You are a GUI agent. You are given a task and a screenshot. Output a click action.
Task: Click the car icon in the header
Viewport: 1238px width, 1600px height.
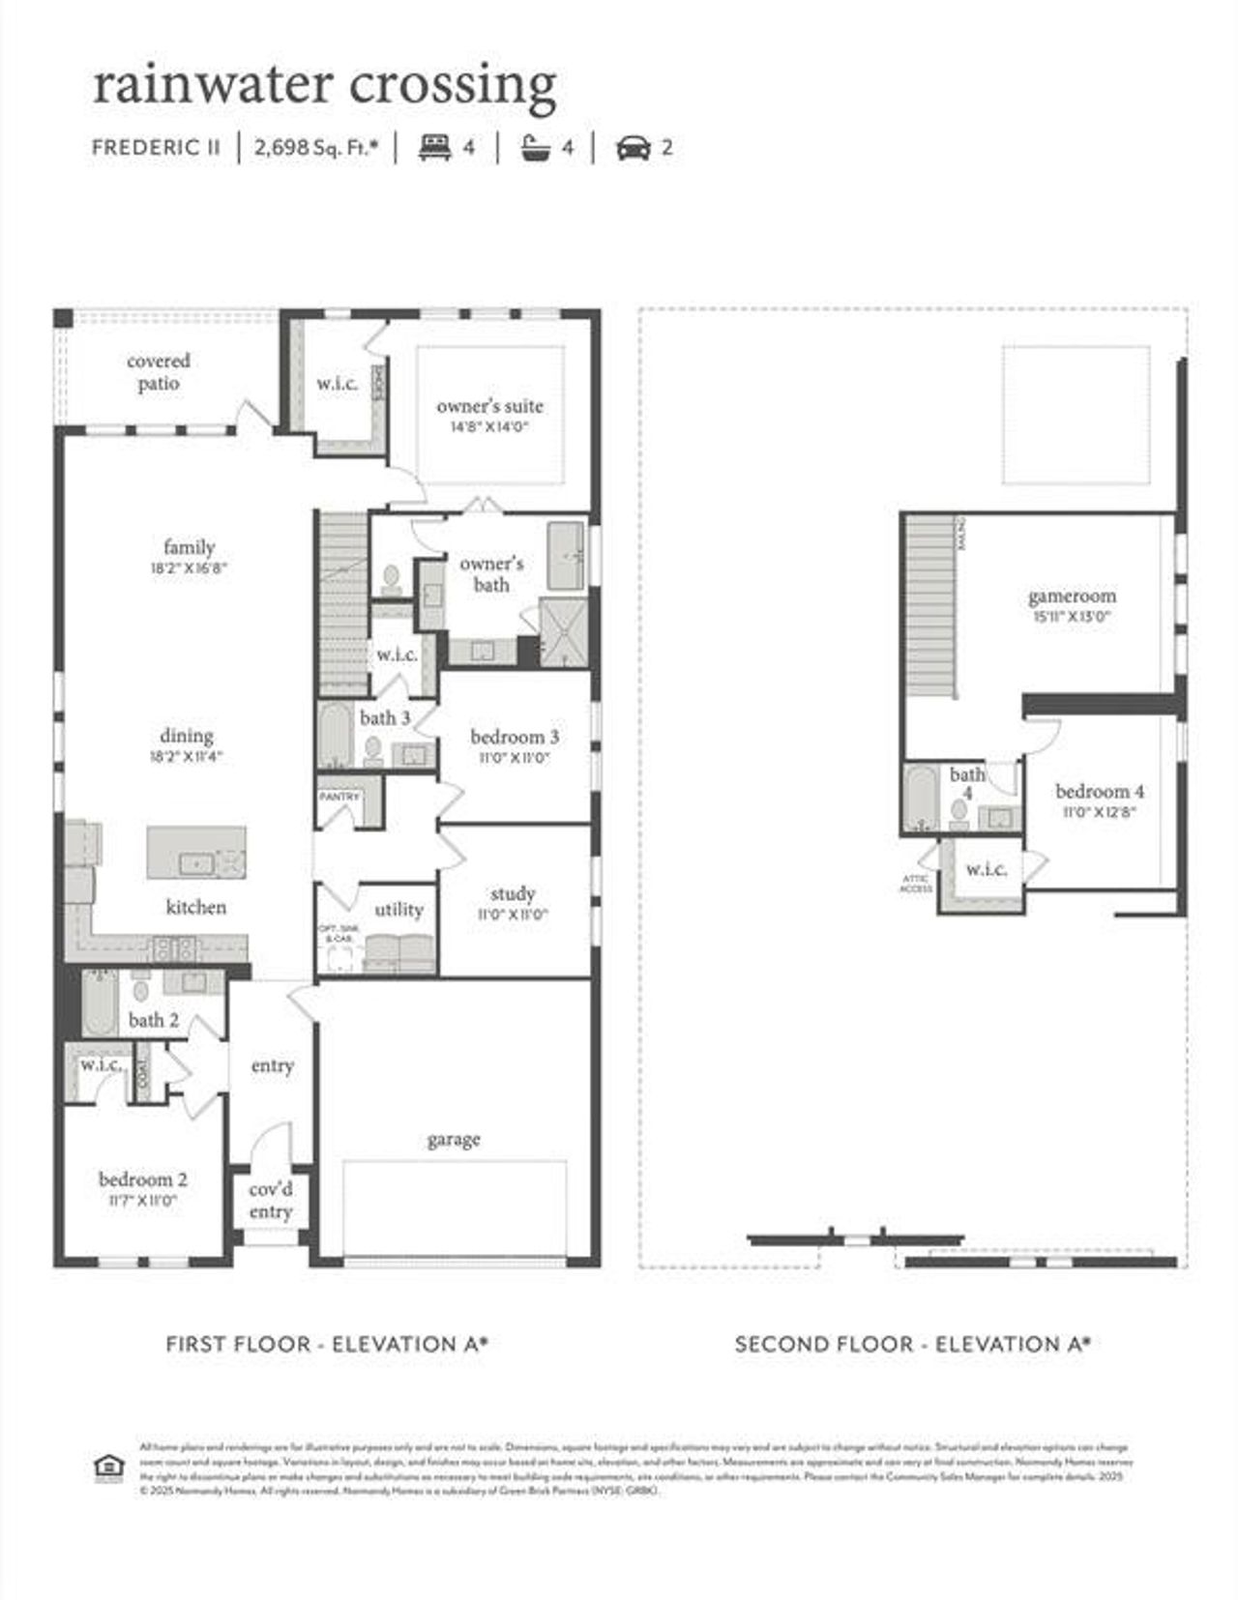point(633,148)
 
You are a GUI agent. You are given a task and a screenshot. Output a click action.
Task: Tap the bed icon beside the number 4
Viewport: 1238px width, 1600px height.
point(435,148)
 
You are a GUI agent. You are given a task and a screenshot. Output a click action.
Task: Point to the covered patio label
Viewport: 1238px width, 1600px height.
point(159,372)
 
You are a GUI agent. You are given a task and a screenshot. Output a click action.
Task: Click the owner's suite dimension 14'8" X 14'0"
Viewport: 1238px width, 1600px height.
point(489,426)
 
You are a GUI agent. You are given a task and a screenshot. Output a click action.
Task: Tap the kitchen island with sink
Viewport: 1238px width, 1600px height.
point(196,853)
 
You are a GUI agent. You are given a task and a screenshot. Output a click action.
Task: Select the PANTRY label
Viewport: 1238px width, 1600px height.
point(339,798)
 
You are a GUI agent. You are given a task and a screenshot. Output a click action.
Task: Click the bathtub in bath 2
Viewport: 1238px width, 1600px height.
point(99,1004)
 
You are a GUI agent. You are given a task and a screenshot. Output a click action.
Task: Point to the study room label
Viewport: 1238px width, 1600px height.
point(513,893)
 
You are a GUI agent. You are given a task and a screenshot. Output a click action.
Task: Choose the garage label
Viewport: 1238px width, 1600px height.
point(454,1140)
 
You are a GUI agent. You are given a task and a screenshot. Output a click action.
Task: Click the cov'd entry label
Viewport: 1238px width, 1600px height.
point(271,1201)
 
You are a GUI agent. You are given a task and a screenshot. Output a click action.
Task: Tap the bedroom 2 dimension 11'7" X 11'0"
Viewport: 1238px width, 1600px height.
point(143,1201)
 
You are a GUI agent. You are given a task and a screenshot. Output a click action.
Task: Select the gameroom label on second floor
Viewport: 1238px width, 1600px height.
point(1072,596)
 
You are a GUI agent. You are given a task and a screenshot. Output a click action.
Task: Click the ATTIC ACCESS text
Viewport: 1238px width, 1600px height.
point(916,884)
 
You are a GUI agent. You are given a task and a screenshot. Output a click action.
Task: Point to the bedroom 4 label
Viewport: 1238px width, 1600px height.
point(1100,791)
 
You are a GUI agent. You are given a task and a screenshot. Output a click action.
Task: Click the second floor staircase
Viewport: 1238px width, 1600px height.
point(931,604)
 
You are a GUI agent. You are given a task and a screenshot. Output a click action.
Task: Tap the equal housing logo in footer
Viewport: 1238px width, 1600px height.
point(108,1468)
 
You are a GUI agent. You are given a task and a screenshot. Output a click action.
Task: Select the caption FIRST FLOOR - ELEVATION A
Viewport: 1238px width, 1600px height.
point(327,1344)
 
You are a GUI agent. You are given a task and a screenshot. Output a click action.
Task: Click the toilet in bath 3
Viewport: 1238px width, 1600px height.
point(372,751)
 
